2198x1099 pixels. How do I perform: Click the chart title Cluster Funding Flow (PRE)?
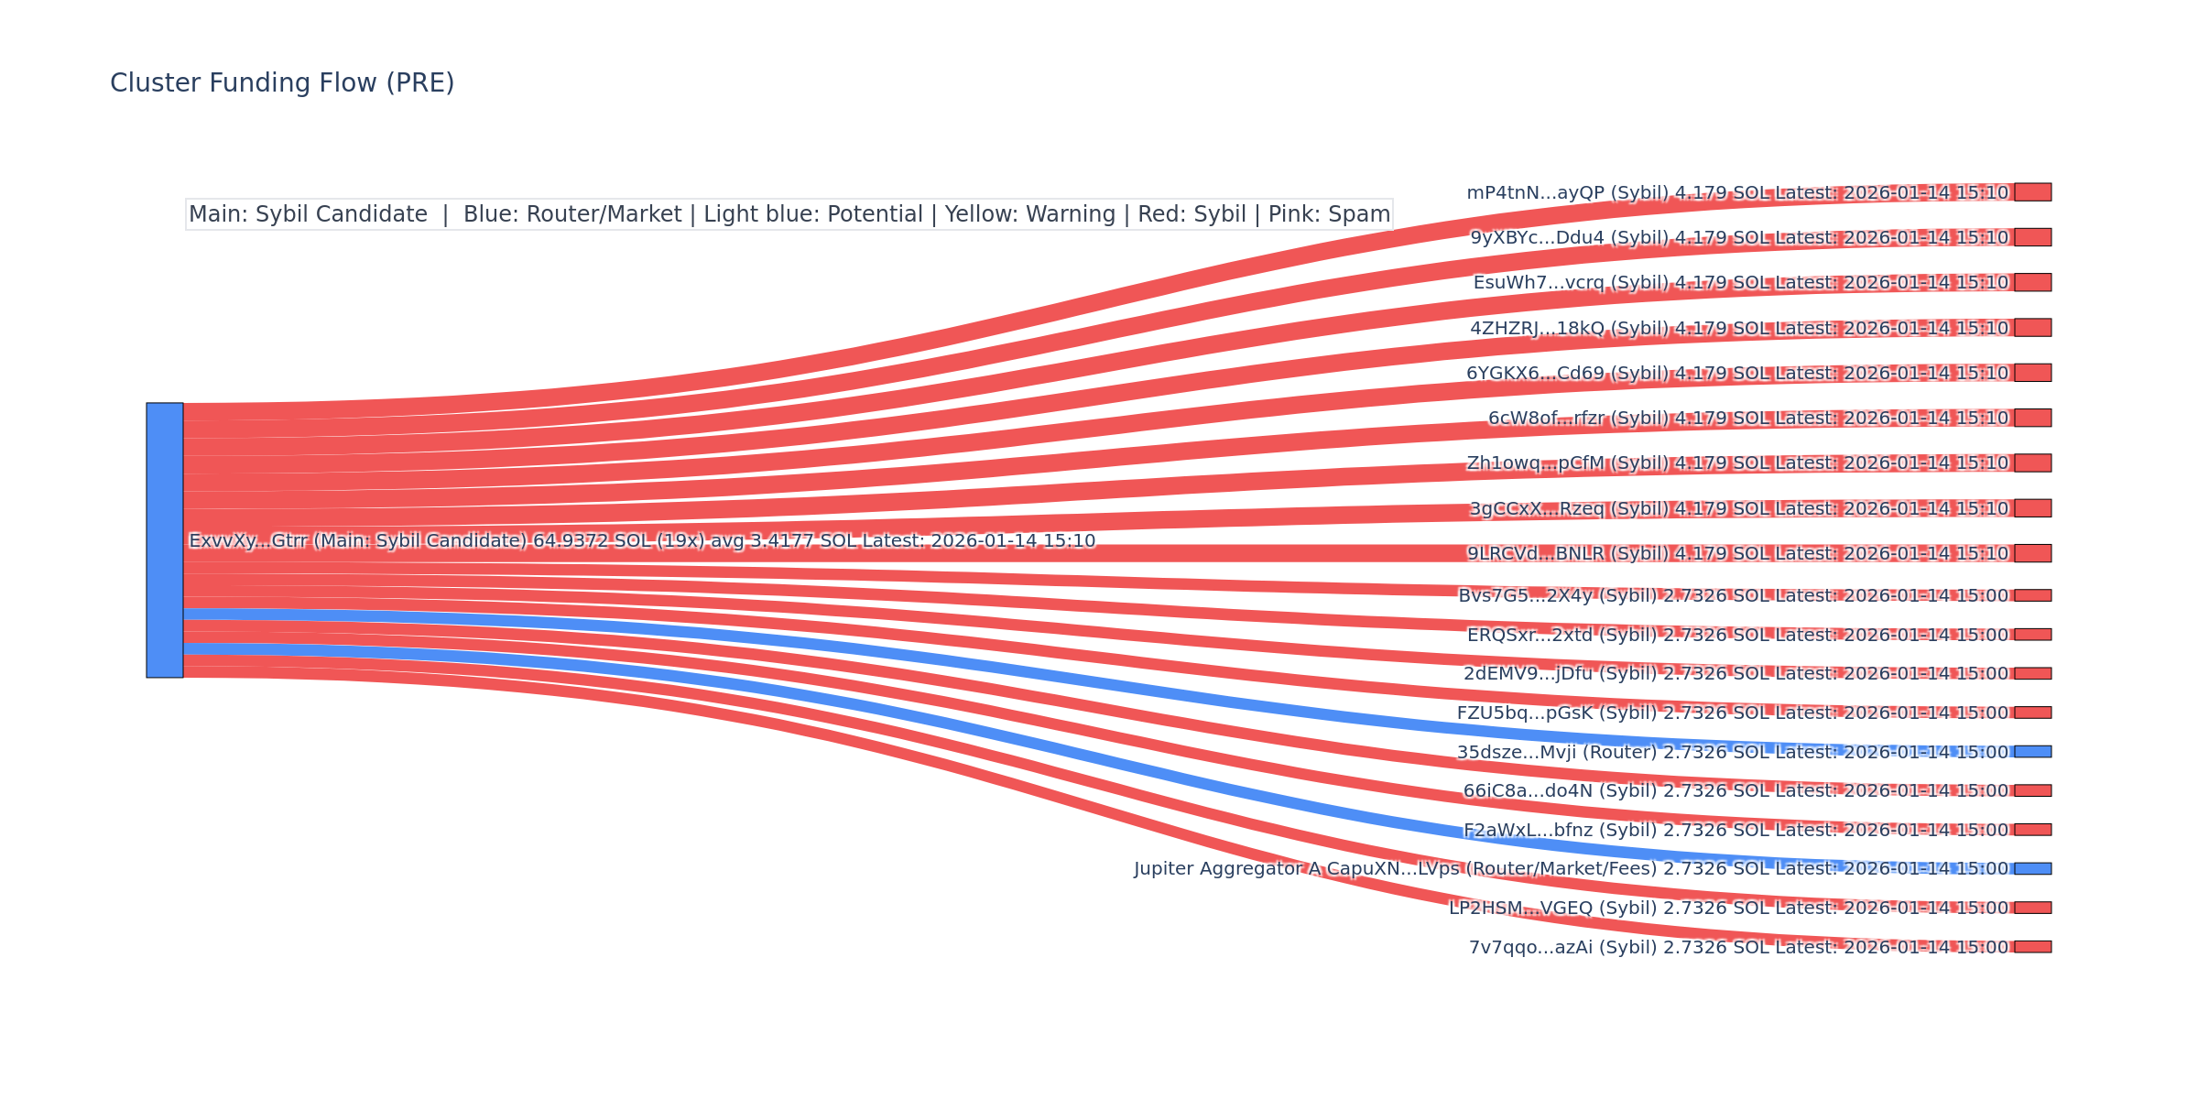click(x=282, y=83)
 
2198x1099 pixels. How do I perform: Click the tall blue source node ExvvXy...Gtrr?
click(x=165, y=540)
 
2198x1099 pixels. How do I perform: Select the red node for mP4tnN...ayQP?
click(x=2032, y=192)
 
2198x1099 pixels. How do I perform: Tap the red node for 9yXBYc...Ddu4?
click(x=2032, y=237)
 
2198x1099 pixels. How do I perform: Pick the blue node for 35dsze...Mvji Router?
click(x=2032, y=752)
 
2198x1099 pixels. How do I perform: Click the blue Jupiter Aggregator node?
click(x=2032, y=868)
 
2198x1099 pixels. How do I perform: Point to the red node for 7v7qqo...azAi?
click(x=2032, y=947)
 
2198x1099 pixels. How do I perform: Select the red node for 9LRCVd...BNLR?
click(x=2032, y=553)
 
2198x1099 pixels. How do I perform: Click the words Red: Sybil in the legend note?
click(x=1191, y=214)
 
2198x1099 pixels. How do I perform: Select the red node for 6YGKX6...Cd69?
click(x=2032, y=373)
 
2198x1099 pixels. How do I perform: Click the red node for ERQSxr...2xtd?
click(x=2032, y=635)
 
